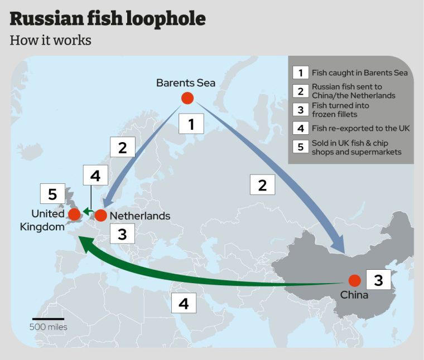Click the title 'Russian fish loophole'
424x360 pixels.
tap(108, 19)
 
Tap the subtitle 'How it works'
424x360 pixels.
tap(50, 41)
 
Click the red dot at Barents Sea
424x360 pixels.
tap(187, 98)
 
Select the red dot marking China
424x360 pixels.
tap(354, 281)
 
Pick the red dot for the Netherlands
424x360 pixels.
tap(100, 215)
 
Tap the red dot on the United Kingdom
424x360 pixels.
tap(74, 215)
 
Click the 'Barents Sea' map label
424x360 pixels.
tap(186, 83)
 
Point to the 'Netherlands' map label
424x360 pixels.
tap(140, 216)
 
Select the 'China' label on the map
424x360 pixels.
tap(354, 295)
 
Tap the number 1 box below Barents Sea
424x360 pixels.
tap(191, 124)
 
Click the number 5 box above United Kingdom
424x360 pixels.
tap(52, 194)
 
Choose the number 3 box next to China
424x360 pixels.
tap(378, 280)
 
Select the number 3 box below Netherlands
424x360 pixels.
tap(122, 233)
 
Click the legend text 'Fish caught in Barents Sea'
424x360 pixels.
tap(360, 72)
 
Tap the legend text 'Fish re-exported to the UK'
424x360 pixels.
tap(361, 129)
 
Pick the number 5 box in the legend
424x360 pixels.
tap(300, 148)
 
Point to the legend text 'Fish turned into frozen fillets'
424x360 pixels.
tap(340, 110)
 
